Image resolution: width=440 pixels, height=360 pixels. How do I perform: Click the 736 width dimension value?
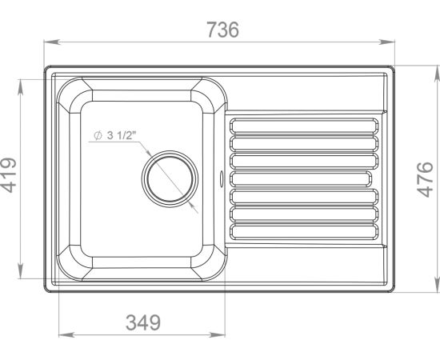coord(223,30)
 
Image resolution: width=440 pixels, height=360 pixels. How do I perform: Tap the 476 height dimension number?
coord(425,179)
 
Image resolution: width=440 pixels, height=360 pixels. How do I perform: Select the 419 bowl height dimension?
coord(8,175)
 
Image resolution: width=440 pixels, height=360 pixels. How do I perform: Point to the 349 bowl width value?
coord(143,322)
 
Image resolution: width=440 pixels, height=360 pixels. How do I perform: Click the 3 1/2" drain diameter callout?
coord(115,135)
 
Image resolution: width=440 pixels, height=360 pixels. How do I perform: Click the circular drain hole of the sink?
coord(170,179)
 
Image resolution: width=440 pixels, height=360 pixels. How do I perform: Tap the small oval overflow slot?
coord(222,178)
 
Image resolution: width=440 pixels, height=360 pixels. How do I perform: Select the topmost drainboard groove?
coord(304,126)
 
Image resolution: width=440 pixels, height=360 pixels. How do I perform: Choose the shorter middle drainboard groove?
coord(301,178)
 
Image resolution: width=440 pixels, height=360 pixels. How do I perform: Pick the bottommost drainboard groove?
coord(304,232)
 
